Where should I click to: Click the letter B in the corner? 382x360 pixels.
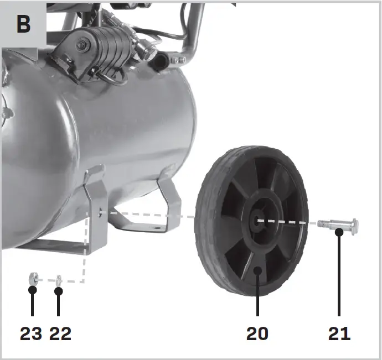[24, 24]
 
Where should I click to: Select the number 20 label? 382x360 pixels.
[257, 333]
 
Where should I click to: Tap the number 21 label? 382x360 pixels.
[339, 333]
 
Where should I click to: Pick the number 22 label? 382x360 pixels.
[60, 333]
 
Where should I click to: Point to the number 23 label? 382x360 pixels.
[30, 333]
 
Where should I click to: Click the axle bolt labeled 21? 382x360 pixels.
[338, 225]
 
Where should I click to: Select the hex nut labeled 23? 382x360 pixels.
[33, 279]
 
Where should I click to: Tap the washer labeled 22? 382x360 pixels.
[59, 281]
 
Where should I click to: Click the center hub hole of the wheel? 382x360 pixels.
[257, 220]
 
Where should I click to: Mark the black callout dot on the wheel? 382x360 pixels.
[257, 270]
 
